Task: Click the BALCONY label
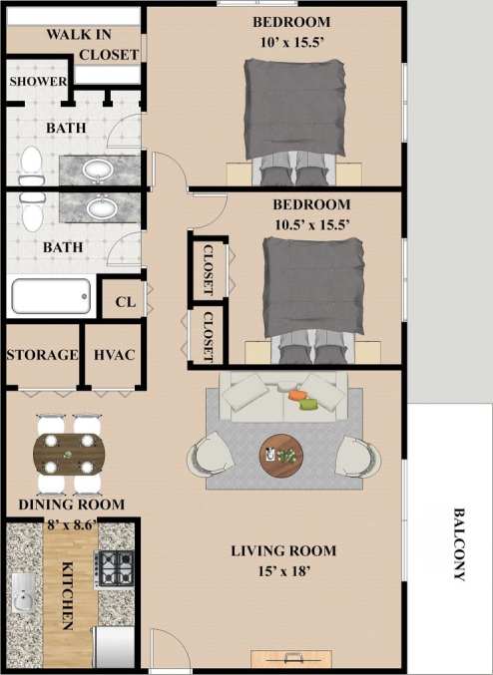click(460, 544)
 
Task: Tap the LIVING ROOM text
click(283, 550)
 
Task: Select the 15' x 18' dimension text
click(283, 571)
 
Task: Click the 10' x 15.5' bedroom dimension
click(291, 41)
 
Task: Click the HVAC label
click(113, 355)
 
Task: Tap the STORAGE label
click(42, 355)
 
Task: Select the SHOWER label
click(38, 82)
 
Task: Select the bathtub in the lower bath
click(51, 296)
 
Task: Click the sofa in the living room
click(283, 396)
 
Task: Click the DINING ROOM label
click(72, 505)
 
